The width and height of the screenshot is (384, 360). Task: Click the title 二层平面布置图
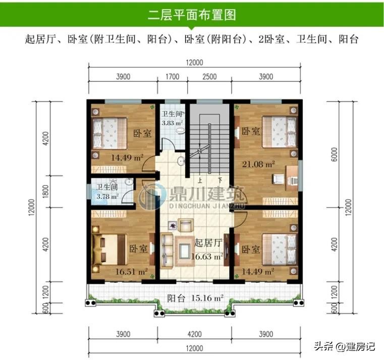[192, 15]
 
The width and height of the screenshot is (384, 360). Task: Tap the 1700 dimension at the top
[173, 77]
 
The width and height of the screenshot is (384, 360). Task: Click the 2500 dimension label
[209, 77]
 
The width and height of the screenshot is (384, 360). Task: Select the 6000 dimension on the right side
[334, 155]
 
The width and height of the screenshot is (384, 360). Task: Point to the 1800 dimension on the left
[46, 192]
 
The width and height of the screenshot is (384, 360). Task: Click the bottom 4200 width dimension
[194, 334]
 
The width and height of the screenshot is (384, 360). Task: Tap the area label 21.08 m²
[258, 164]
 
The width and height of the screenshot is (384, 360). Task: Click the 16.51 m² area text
[131, 272]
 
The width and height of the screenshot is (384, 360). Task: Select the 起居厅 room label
[208, 243]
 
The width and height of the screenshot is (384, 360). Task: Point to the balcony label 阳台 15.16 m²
[195, 298]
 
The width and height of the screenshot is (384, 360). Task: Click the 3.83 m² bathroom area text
[172, 123]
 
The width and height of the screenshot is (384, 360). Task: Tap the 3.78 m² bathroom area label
[107, 196]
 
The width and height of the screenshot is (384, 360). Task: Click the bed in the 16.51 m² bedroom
[110, 249]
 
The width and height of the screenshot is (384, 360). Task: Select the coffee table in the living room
[184, 251]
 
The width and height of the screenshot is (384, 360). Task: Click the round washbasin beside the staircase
[182, 161]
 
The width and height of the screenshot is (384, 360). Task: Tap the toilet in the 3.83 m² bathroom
[180, 131]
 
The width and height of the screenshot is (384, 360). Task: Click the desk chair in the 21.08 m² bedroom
[278, 178]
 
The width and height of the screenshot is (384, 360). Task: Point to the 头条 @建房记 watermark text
[345, 346]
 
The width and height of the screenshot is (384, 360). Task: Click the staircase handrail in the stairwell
[209, 149]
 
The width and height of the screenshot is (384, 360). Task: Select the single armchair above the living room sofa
[185, 226]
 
